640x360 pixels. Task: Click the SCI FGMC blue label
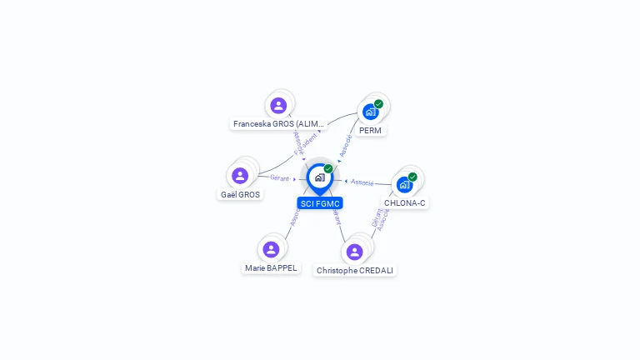pyautogui.click(x=320, y=203)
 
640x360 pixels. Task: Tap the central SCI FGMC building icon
pyautogui.click(x=319, y=177)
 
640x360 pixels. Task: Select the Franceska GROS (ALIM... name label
pyautogui.click(x=277, y=124)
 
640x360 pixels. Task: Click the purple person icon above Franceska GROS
pyautogui.click(x=278, y=106)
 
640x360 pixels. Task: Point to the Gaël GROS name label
pyautogui.click(x=240, y=195)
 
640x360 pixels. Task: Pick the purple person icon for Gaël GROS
pyautogui.click(x=240, y=176)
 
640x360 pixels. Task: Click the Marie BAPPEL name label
pyautogui.click(x=271, y=268)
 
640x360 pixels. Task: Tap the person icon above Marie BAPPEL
pyautogui.click(x=271, y=249)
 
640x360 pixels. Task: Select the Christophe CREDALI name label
pyautogui.click(x=355, y=271)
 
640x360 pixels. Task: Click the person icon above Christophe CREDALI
pyautogui.click(x=354, y=252)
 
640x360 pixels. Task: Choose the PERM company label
pyautogui.click(x=371, y=131)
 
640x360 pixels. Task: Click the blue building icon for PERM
pyautogui.click(x=370, y=112)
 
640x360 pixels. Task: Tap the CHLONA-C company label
pyautogui.click(x=405, y=203)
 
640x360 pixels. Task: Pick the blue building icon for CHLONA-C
pyautogui.click(x=404, y=185)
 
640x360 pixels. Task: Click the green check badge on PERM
pyautogui.click(x=378, y=104)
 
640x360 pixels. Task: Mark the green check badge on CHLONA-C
pyautogui.click(x=412, y=177)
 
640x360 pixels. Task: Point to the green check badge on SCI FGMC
pyautogui.click(x=328, y=169)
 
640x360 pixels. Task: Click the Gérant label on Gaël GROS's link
pyautogui.click(x=280, y=177)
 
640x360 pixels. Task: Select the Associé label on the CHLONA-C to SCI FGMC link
pyautogui.click(x=362, y=182)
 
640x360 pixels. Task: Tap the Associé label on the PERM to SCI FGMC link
pyautogui.click(x=345, y=145)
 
